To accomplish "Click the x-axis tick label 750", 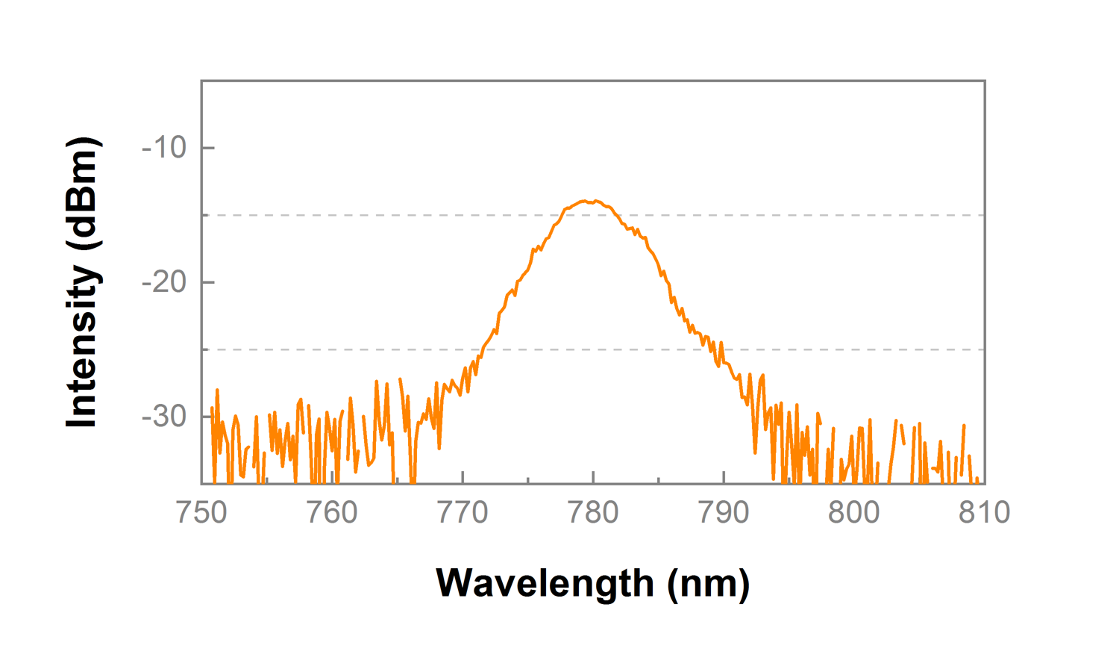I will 201,513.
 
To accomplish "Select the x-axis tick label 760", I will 332,513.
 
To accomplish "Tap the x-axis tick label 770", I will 463,513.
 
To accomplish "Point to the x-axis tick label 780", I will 593,513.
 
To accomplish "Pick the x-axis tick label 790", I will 724,513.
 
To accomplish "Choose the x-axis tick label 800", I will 854,513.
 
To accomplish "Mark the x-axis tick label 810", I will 984,513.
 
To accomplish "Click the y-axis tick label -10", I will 164,148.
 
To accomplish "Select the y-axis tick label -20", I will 164,282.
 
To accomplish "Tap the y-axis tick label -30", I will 164,417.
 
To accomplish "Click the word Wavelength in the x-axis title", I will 545,583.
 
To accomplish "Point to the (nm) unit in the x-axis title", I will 709,583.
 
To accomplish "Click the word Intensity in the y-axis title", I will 82,346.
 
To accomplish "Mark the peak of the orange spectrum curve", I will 589,201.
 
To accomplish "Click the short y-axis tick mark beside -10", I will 208,148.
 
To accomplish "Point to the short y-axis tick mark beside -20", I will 208,282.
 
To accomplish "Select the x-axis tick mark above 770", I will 463,477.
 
